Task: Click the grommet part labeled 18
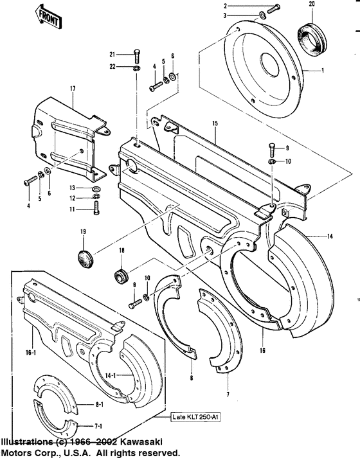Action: tap(118, 275)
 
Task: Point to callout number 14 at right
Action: tap(330, 237)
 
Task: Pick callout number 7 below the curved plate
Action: tap(228, 391)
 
